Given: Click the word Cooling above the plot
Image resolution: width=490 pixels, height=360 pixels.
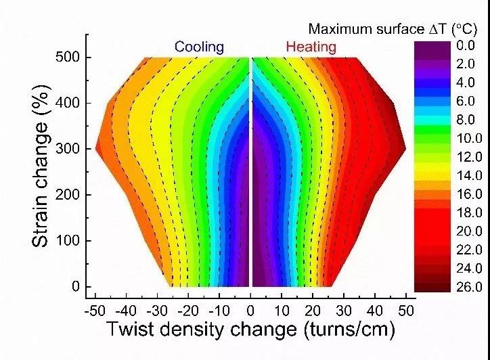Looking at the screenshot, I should (x=199, y=47).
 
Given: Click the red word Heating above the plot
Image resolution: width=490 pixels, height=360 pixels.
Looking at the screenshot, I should (x=311, y=47).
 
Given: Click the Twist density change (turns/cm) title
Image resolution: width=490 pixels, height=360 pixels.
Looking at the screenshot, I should (x=250, y=330).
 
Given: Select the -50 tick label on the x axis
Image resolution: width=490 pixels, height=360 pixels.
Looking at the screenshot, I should (x=95, y=311).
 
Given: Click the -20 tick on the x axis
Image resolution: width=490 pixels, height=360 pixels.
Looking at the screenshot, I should (x=189, y=311).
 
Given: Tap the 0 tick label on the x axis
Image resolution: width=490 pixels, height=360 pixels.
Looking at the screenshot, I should (x=251, y=311).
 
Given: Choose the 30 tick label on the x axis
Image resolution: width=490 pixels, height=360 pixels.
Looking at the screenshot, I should (x=344, y=311).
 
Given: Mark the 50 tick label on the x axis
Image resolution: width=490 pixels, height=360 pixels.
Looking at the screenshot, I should (x=407, y=311).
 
